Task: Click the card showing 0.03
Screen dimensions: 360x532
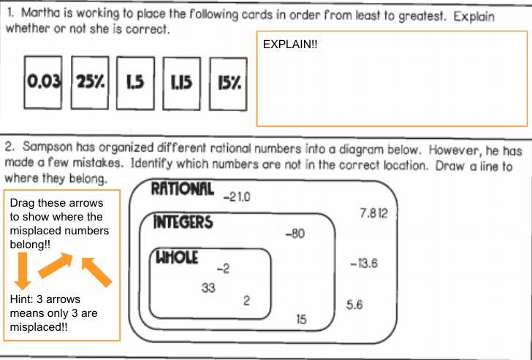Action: pyautogui.click(x=43, y=83)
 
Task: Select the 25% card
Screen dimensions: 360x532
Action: pyautogui.click(x=90, y=83)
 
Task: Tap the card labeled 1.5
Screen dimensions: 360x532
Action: pyautogui.click(x=134, y=83)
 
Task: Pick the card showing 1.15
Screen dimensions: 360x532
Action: pyautogui.click(x=181, y=83)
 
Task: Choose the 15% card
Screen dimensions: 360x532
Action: pyautogui.click(x=229, y=83)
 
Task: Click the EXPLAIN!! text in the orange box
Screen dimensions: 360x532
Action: pyautogui.click(x=290, y=45)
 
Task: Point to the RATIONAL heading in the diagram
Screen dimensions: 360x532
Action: pyautogui.click(x=182, y=190)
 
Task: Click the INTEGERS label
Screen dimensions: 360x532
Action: pyautogui.click(x=183, y=222)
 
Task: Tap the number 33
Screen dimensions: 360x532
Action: pyautogui.click(x=209, y=287)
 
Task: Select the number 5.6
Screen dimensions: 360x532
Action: pyautogui.click(x=354, y=305)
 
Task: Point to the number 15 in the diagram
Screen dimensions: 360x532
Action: pyautogui.click(x=302, y=318)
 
